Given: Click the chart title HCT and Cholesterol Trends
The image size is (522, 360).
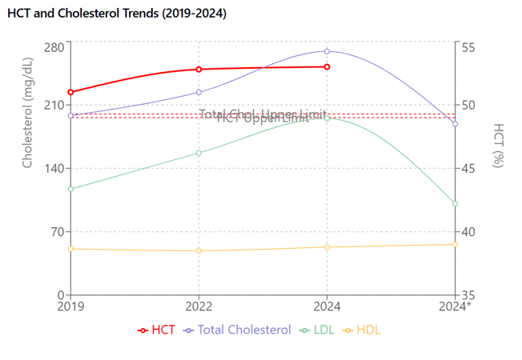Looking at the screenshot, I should coord(117,14).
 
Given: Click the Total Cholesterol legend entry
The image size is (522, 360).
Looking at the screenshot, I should coord(237,330).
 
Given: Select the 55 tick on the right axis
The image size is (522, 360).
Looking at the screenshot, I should coord(468,46).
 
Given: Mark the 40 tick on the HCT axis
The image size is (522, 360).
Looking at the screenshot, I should coord(468,232).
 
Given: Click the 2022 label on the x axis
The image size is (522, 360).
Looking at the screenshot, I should coord(199,306).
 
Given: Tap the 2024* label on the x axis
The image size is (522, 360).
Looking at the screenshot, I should coord(456,306).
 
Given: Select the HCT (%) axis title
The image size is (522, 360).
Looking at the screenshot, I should coord(499,145).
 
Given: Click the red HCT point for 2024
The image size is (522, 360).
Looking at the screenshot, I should coord(327,66).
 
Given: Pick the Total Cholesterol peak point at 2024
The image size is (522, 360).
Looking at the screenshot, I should coord(327,51).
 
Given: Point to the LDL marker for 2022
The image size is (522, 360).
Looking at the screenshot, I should coord(199,153).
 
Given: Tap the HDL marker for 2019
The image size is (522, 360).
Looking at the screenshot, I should coord(71,249).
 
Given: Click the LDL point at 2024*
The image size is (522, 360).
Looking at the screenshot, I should coord(455,204).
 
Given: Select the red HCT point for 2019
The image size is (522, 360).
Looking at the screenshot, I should coord(71,92).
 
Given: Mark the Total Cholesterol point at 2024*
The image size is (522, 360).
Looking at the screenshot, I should coord(455,124).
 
